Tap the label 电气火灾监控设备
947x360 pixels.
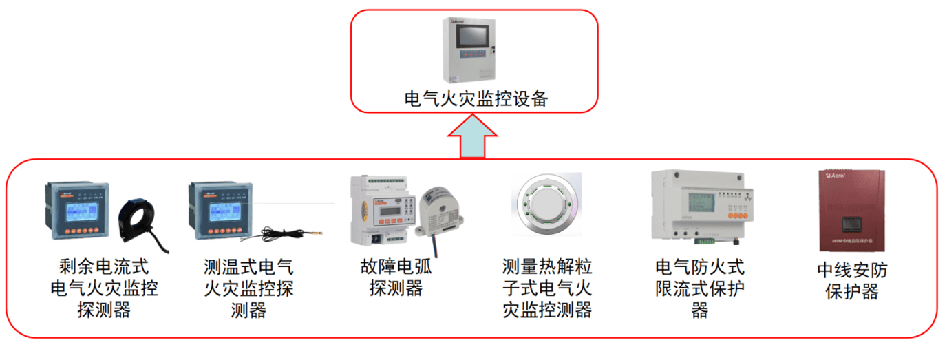(x=476, y=99)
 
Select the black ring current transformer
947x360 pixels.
(x=140, y=221)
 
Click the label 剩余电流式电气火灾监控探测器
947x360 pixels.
(x=104, y=288)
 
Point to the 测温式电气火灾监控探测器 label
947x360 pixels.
(x=248, y=288)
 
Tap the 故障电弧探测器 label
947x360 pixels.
(x=396, y=277)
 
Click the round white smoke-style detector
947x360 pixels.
(x=546, y=204)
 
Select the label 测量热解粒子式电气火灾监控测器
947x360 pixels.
(x=547, y=288)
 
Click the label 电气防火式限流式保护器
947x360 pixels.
(x=700, y=288)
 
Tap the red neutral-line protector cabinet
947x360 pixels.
(x=852, y=211)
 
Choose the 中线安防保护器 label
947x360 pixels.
(x=852, y=280)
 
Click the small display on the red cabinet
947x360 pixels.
(x=852, y=224)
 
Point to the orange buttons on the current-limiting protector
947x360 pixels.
(x=738, y=215)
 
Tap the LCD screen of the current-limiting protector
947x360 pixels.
(x=701, y=202)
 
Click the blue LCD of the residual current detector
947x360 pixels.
(x=82, y=211)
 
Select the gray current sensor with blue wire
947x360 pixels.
(x=440, y=213)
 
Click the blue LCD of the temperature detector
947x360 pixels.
(x=225, y=211)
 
